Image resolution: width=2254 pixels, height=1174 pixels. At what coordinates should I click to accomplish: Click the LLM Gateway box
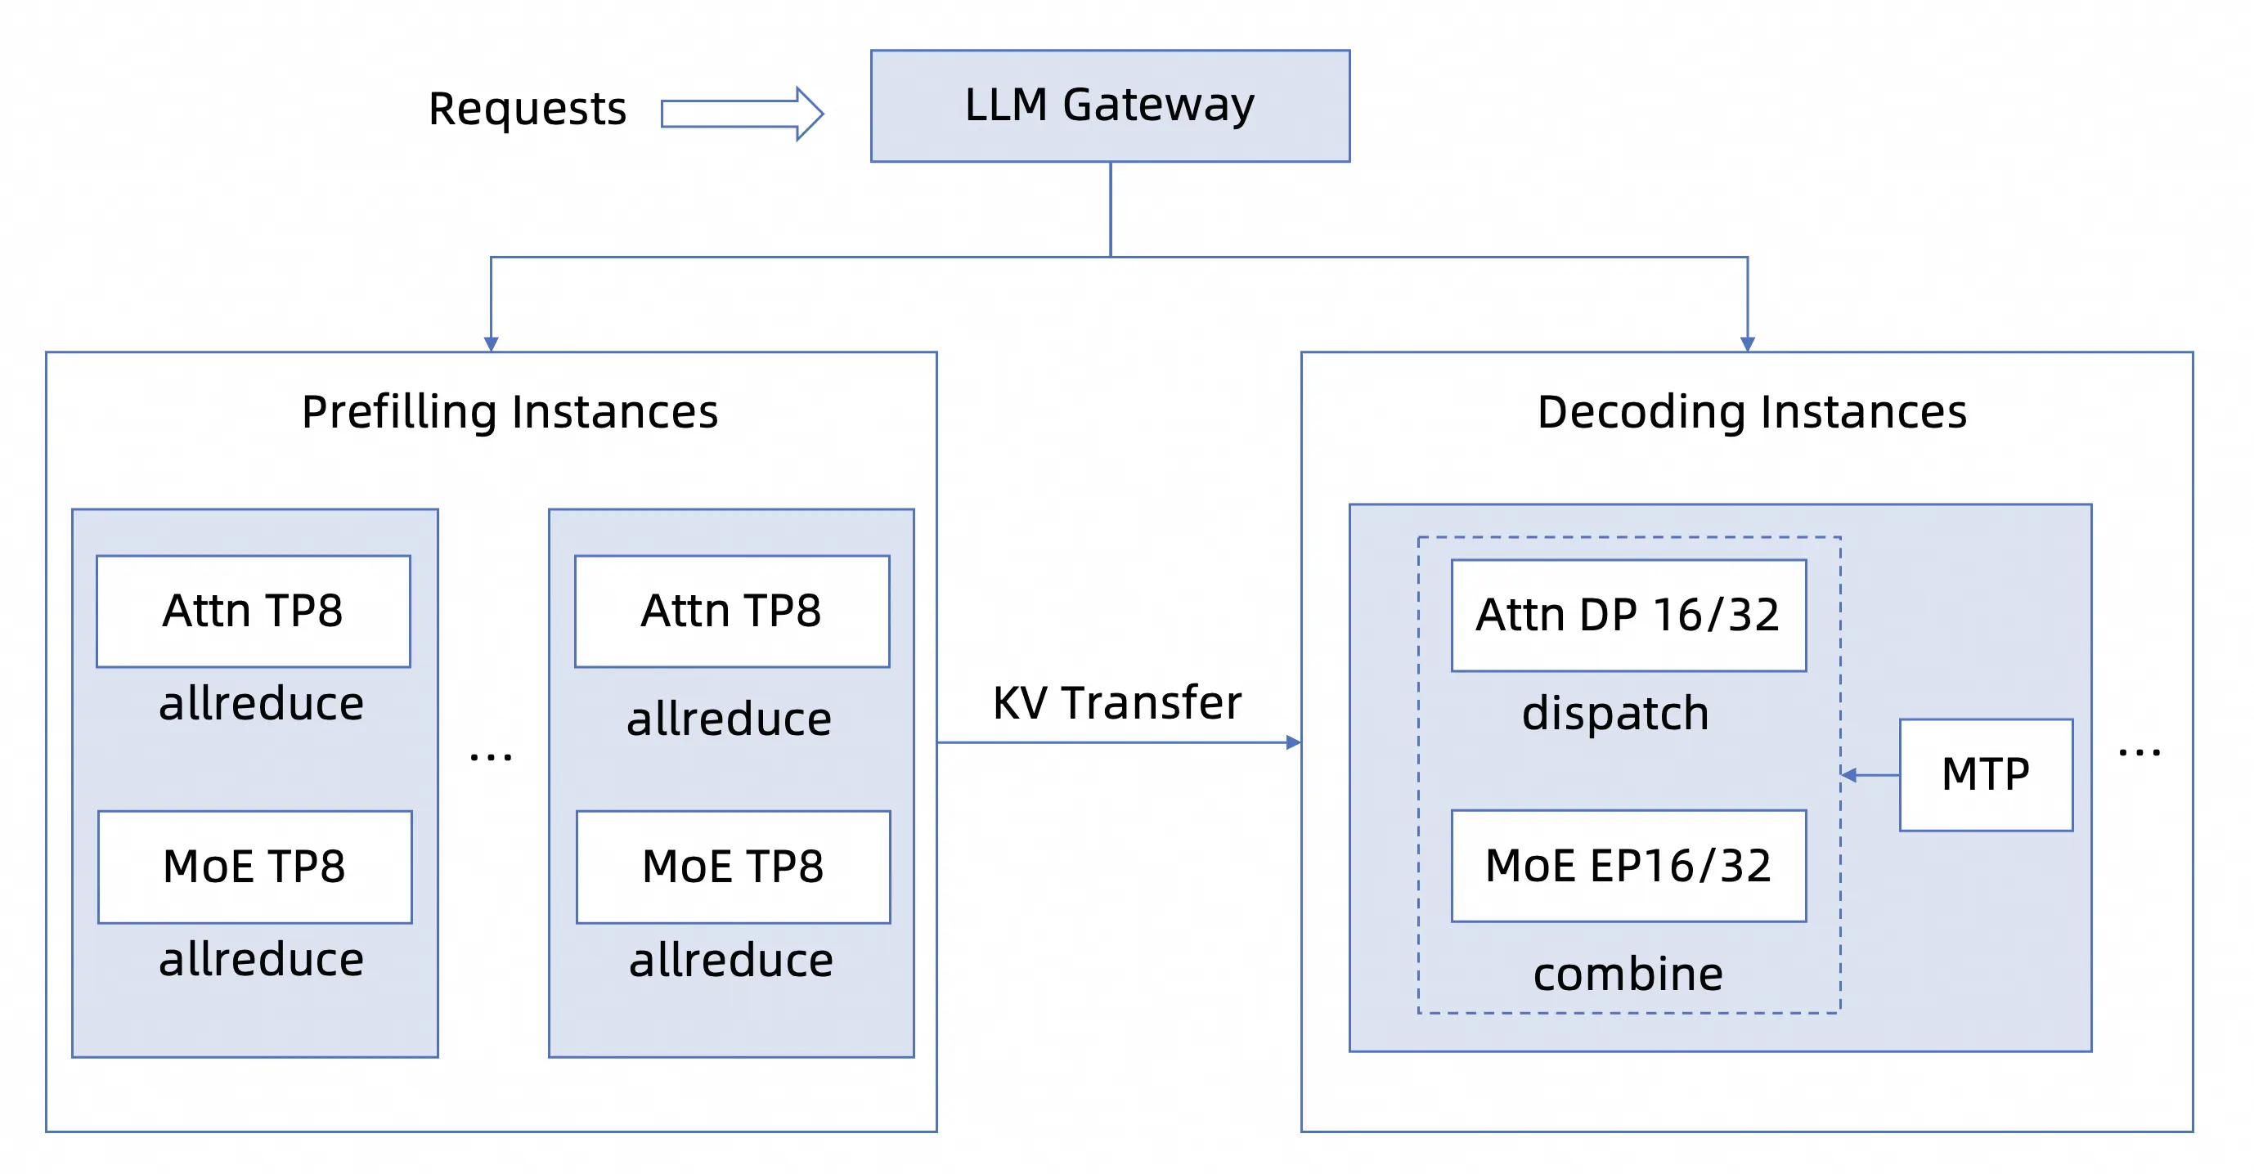(1110, 105)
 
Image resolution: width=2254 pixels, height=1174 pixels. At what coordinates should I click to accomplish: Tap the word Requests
(528, 110)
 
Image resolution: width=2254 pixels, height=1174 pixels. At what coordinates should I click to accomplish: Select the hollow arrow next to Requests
(742, 114)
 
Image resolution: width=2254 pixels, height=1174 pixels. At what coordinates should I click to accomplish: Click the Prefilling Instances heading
(510, 412)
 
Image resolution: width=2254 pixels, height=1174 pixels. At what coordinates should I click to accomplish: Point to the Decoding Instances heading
(1752, 412)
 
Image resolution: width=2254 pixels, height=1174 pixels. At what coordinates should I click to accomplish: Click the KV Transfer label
(1117, 702)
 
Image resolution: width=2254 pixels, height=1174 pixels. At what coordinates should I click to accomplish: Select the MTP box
(1986, 774)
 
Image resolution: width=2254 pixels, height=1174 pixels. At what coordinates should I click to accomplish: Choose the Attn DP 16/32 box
(1628, 615)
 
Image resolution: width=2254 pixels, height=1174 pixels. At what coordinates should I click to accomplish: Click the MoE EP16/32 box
(1628, 865)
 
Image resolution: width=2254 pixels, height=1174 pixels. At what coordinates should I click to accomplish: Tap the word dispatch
(1615, 713)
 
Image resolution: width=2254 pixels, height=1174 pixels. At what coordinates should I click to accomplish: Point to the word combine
(1628, 974)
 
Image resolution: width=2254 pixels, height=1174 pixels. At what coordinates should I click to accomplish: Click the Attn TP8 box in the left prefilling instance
(254, 611)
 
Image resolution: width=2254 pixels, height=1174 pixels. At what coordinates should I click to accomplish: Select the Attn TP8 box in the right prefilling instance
(732, 611)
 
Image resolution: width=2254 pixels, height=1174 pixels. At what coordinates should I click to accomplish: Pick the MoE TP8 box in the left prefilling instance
(254, 866)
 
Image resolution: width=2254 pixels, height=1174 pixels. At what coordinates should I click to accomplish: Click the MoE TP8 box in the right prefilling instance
(734, 866)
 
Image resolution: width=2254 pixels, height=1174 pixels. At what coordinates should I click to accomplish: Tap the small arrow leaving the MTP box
(1870, 775)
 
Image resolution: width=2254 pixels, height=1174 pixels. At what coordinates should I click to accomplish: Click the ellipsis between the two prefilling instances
(491, 757)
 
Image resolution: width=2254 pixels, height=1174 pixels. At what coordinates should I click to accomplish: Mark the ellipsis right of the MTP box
(2140, 751)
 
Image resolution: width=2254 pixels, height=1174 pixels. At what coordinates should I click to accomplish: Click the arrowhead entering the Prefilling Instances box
(491, 345)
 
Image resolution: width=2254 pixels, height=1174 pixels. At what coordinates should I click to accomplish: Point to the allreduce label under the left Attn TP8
(262, 703)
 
